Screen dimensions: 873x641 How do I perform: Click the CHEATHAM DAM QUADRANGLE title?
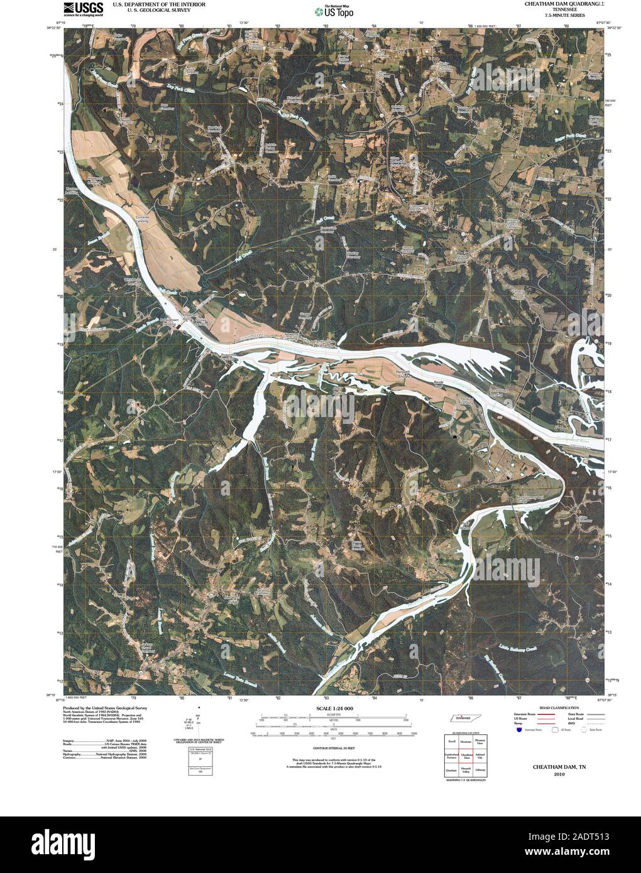click(561, 4)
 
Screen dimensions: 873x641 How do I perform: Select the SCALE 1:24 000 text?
click(326, 708)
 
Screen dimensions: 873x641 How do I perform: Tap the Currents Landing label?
click(143, 220)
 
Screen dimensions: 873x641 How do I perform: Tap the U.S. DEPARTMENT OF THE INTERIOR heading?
click(151, 4)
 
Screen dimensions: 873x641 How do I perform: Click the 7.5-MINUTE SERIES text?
click(561, 14)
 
